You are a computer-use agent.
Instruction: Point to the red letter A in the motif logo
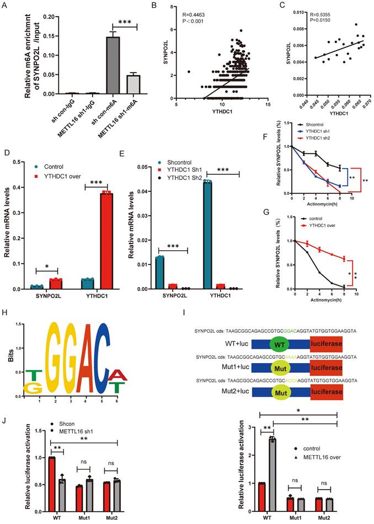[117, 376]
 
